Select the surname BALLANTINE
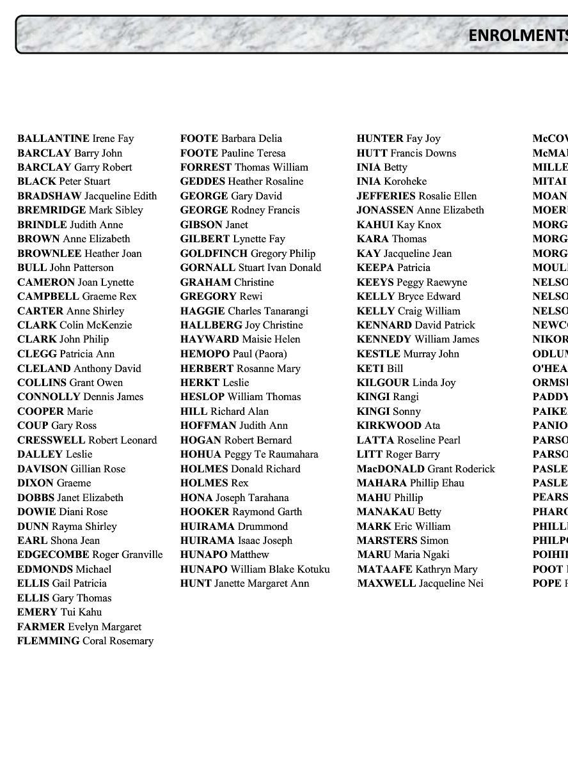click(x=53, y=139)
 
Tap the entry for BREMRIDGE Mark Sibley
click(x=80, y=210)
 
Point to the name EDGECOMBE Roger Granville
click(x=90, y=555)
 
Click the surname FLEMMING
click(x=49, y=641)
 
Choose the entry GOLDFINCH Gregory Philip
click(x=248, y=254)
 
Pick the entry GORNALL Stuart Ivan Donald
click(x=250, y=268)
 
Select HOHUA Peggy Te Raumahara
click(x=249, y=454)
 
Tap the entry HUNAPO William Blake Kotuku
click(x=255, y=569)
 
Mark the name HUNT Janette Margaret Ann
click(x=244, y=584)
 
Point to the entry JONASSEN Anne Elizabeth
click(x=420, y=210)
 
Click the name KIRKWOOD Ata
click(x=398, y=426)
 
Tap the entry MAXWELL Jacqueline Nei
click(x=420, y=584)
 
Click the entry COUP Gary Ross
click(x=57, y=426)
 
